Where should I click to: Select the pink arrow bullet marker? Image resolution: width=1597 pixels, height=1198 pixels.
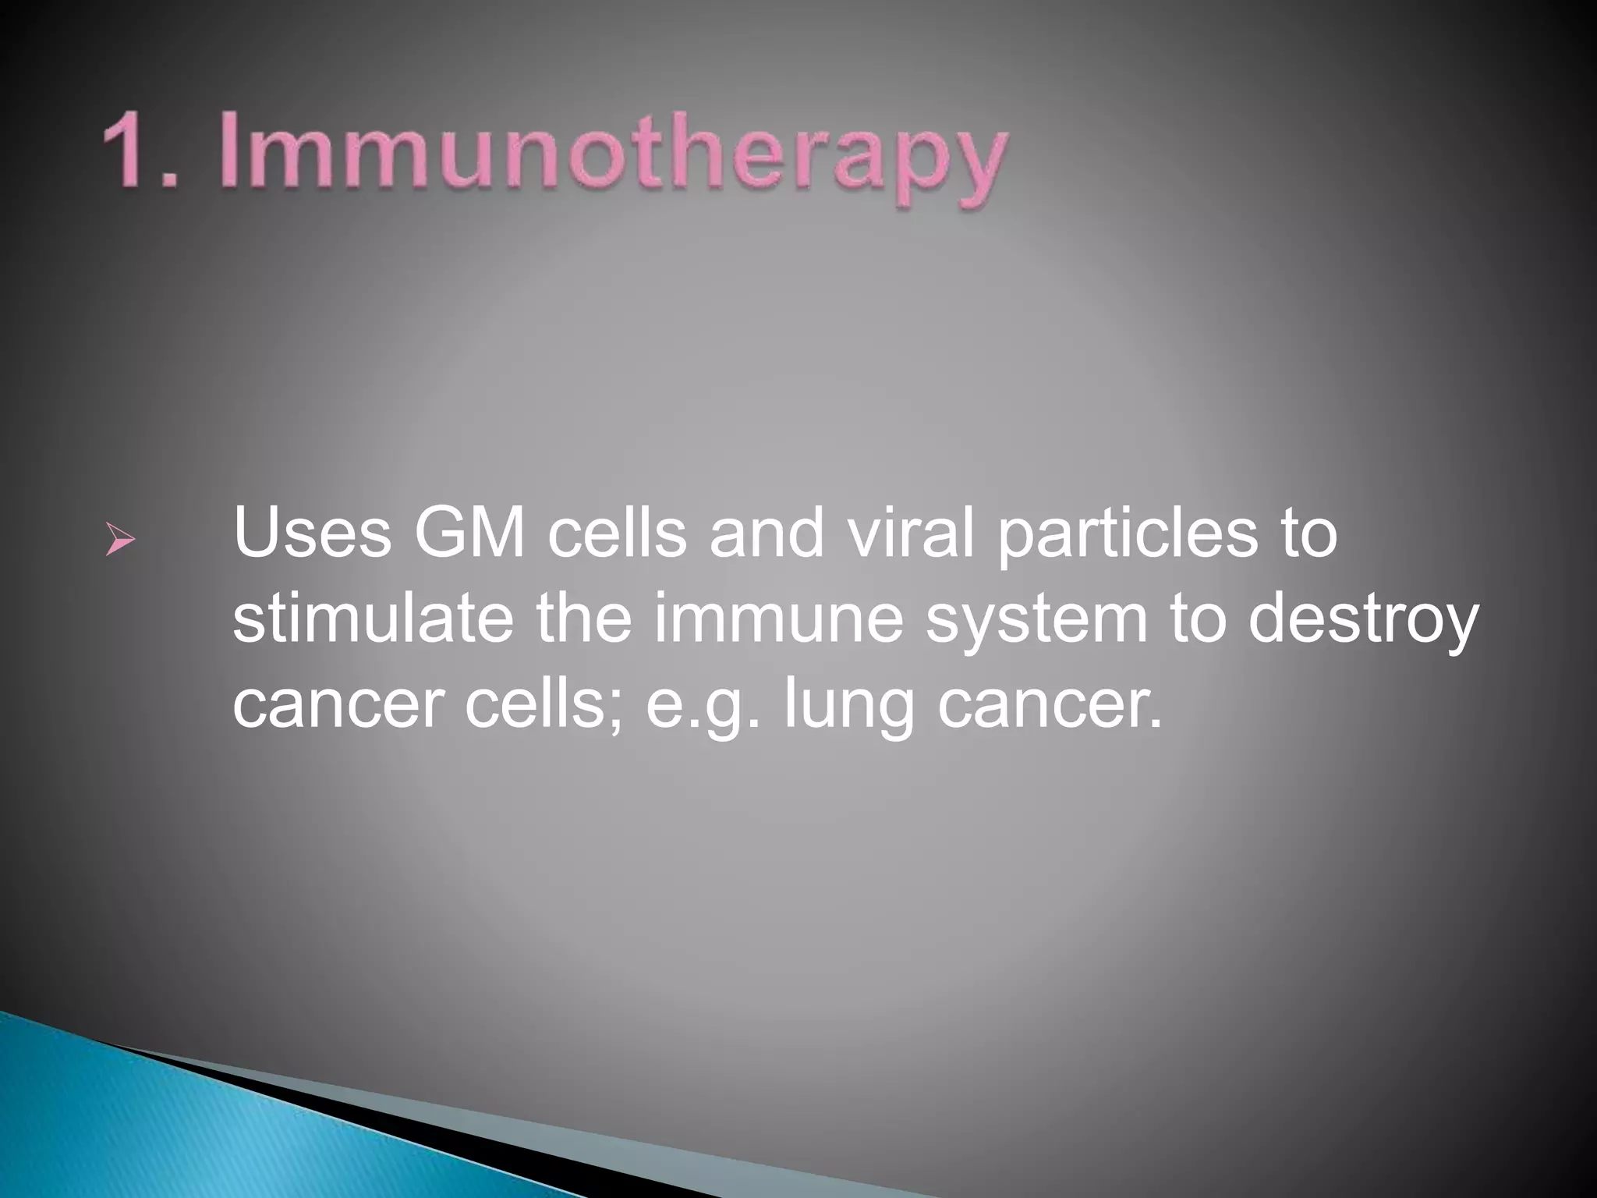[120, 540]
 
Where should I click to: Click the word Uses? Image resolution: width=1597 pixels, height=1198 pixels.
[312, 533]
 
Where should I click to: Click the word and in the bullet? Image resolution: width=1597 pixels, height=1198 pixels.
[767, 533]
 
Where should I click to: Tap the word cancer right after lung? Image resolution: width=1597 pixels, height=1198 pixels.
[1049, 706]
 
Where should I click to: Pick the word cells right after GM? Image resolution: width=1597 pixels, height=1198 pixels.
[617, 533]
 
